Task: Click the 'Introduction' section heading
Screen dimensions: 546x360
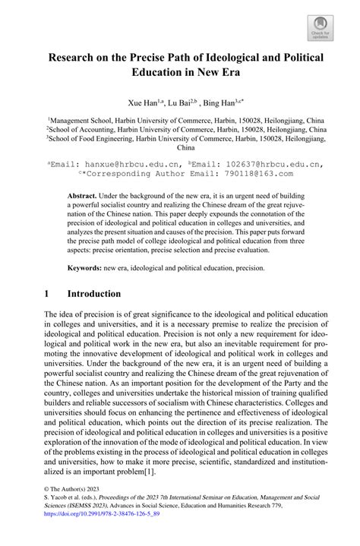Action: pos(94,294)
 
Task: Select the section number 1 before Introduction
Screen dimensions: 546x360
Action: pos(46,294)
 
